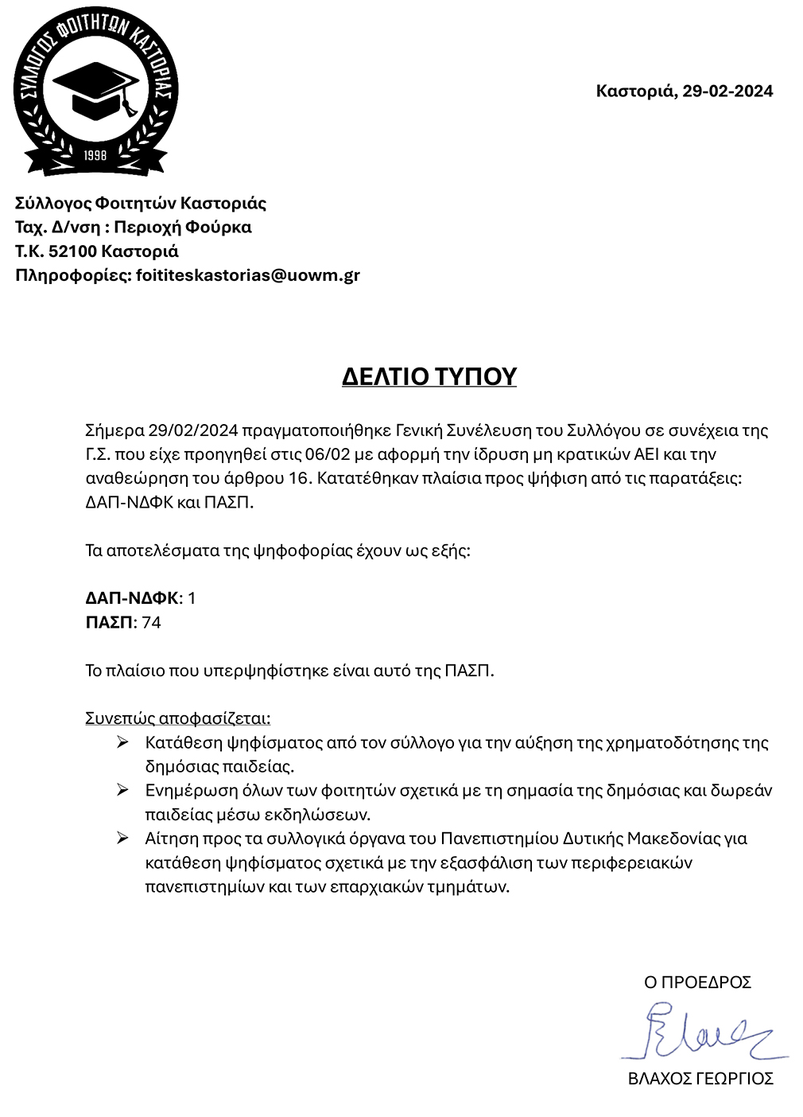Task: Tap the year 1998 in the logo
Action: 95,155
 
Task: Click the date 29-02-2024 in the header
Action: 727,91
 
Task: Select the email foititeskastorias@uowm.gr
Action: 248,275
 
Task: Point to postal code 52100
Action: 73,251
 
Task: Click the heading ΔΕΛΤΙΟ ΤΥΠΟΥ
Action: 429,376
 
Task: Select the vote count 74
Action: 151,622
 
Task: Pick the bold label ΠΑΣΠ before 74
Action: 109,622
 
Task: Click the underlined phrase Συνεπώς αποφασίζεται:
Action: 177,718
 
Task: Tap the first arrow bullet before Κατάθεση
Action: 122,742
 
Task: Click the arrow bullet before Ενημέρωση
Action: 122,790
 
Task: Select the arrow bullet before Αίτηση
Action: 122,838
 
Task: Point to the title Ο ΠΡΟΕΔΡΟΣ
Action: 697,983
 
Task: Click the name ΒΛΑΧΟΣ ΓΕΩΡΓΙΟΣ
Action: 700,1079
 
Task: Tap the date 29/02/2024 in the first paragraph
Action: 193,431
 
